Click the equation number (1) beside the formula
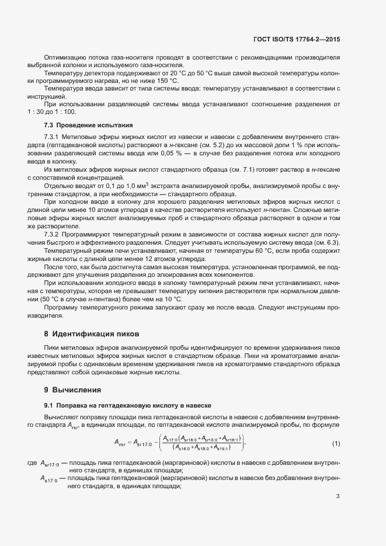point(336,443)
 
